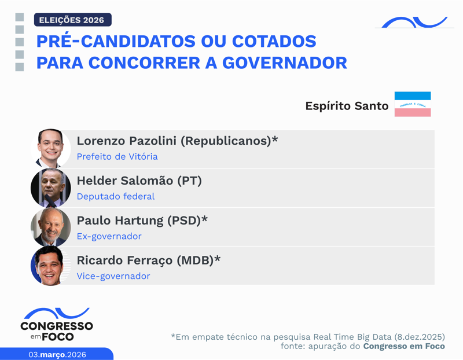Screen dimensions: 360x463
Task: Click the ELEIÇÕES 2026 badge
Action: (72, 20)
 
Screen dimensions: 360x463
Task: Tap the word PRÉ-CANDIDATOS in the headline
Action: (113, 42)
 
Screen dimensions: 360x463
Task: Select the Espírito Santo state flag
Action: (412, 104)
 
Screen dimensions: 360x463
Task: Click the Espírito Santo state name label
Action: (347, 106)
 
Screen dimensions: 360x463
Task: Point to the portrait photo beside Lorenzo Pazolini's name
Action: (50, 149)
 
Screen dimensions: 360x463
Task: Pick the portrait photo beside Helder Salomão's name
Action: (50, 188)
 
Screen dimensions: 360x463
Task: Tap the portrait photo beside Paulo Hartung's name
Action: (50, 227)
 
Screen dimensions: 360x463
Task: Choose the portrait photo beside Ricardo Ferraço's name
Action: (50, 266)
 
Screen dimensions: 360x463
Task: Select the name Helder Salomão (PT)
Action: (139, 181)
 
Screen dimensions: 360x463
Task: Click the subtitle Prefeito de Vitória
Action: (117, 157)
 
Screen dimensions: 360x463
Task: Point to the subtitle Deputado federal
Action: (116, 196)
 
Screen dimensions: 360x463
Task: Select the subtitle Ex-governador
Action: (109, 236)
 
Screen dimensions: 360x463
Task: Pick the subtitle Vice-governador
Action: (113, 276)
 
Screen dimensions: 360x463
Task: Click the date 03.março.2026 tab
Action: (57, 354)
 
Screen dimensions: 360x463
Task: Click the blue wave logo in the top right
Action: (414, 23)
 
